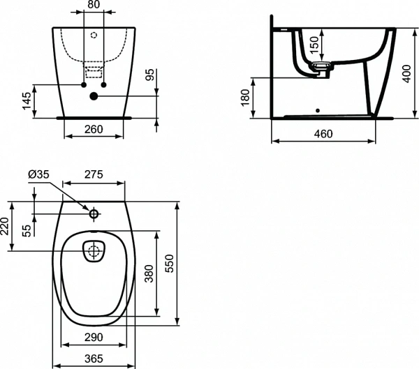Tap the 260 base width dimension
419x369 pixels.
click(93, 128)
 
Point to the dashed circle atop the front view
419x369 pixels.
click(94, 33)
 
